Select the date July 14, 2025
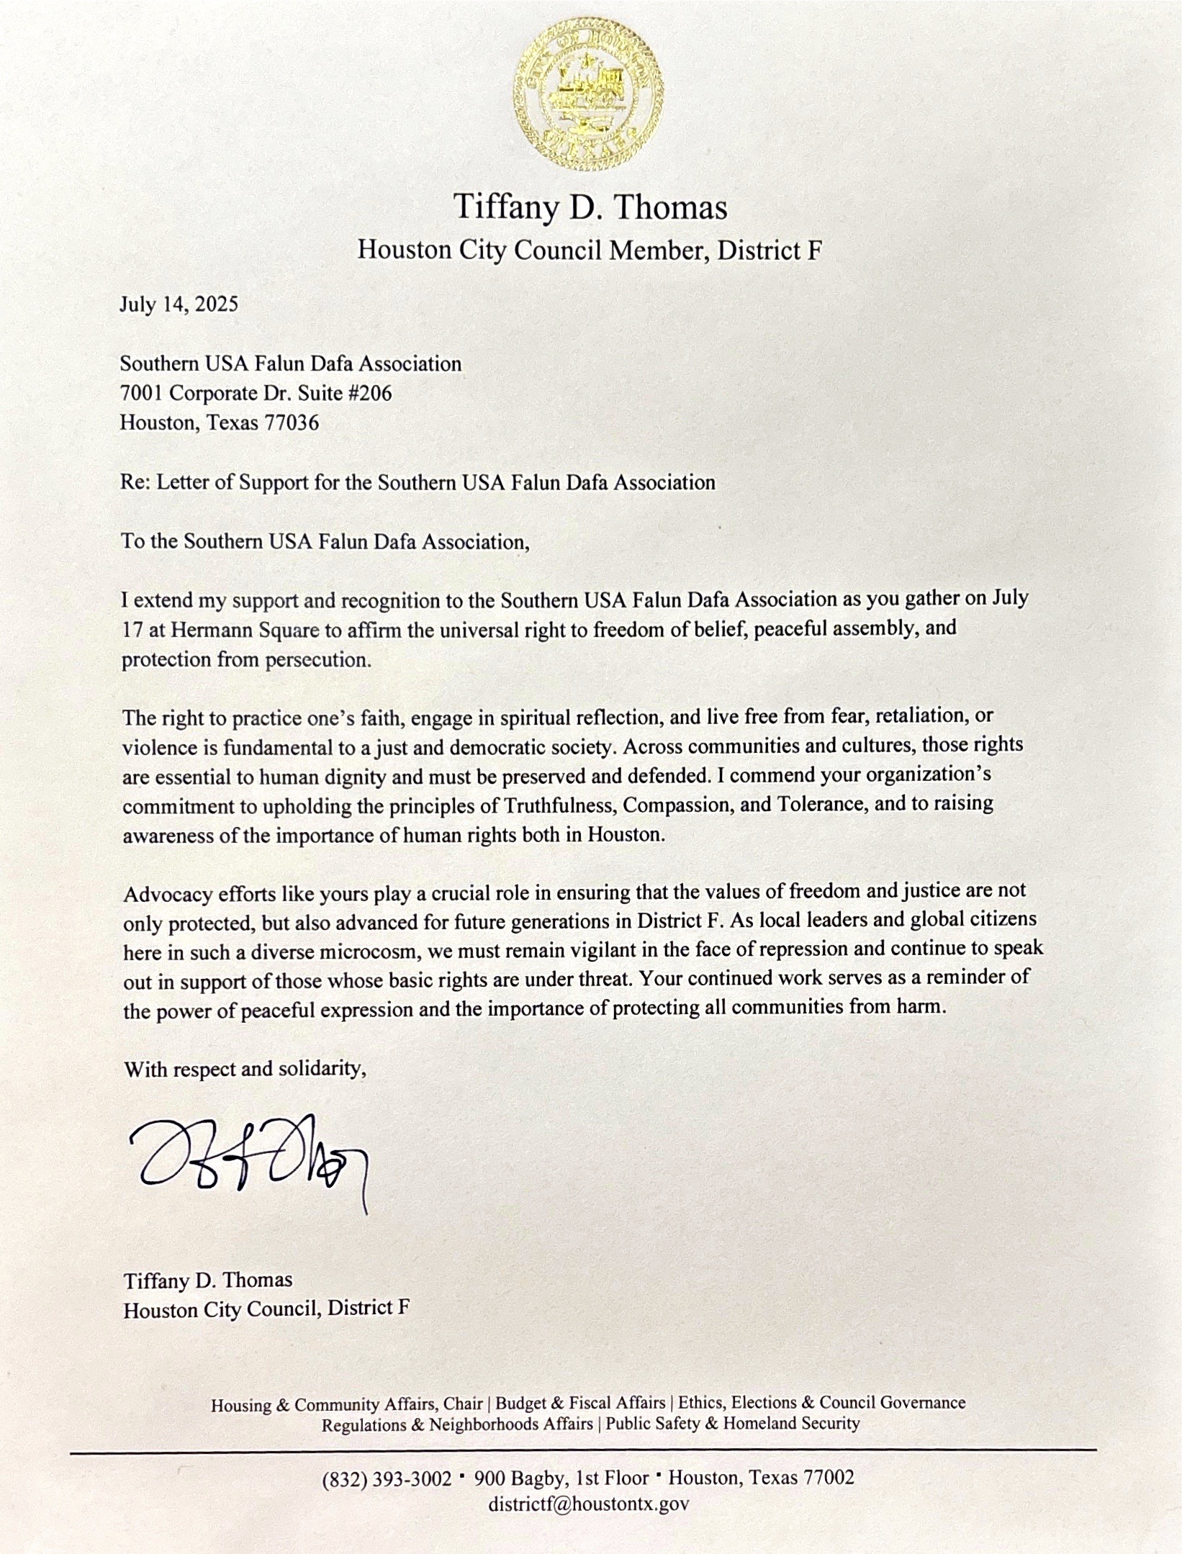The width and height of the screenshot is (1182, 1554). coord(179,304)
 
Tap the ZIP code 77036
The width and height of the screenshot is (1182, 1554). coord(292,423)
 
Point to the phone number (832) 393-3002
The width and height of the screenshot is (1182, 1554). coord(387,1478)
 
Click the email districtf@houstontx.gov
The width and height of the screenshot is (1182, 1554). coord(589,1504)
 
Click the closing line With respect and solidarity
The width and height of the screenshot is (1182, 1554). coord(245,1069)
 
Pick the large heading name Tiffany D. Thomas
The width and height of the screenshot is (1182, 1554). coord(590,207)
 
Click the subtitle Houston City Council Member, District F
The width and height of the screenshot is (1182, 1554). coord(590,250)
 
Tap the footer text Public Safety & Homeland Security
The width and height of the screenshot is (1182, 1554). coord(732,1424)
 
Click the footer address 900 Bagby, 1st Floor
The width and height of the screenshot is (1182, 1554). coord(561,1478)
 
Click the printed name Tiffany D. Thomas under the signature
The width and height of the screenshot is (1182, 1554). coord(208,1280)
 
